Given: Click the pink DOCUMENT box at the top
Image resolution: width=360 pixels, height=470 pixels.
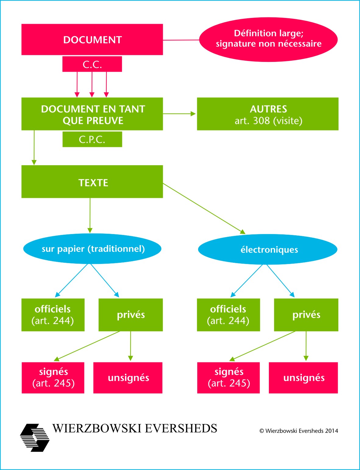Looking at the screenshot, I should [x=92, y=40].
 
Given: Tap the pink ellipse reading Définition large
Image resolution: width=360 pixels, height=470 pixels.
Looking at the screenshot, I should [x=268, y=39].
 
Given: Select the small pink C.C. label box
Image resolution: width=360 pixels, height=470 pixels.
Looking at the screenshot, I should [x=92, y=64].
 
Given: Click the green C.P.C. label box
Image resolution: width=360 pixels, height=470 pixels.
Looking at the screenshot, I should [x=92, y=139].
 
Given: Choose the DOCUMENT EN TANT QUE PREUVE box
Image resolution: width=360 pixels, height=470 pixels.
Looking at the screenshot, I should [x=92, y=114].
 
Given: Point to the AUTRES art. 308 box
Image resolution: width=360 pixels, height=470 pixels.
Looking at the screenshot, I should [x=268, y=114].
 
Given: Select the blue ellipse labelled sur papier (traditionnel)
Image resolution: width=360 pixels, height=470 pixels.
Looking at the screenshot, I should [x=92, y=249].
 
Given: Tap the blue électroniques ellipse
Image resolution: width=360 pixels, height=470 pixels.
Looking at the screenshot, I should [x=268, y=249].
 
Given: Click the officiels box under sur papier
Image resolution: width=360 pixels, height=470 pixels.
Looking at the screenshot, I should [x=53, y=315].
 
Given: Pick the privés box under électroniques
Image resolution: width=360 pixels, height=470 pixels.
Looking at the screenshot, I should [x=306, y=315].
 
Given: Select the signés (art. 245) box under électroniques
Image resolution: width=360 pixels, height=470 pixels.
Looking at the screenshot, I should [x=228, y=378].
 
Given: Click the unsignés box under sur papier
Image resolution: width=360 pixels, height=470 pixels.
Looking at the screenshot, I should [x=128, y=378].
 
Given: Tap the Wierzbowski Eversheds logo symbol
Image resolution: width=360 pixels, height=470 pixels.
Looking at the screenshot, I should [x=35, y=438].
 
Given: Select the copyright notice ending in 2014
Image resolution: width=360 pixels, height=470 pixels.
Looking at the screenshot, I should [x=298, y=431].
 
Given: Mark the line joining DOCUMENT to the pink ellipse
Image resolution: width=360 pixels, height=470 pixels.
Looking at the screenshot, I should [x=181, y=40].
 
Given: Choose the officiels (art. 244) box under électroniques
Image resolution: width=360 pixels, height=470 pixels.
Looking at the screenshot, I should [x=228, y=315].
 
